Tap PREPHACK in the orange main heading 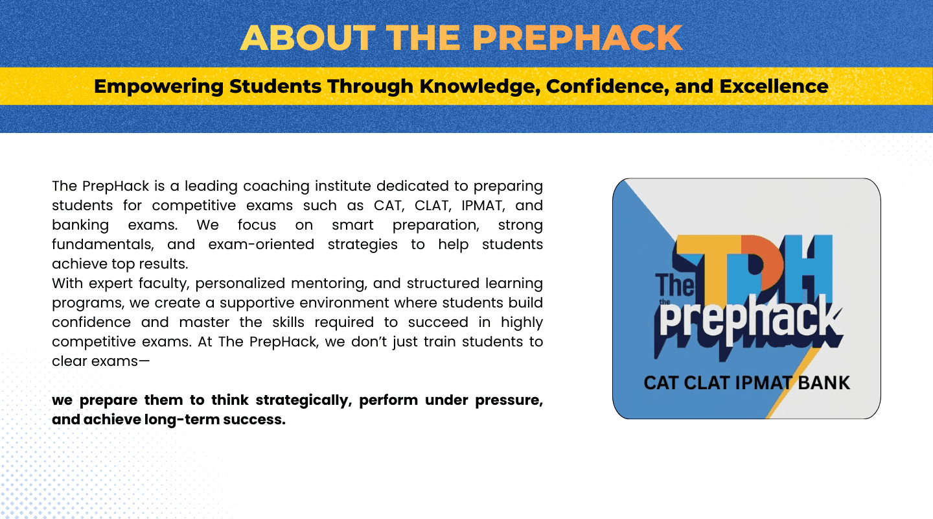(x=577, y=38)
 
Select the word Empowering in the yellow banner (x=159, y=87)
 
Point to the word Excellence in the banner (x=774, y=86)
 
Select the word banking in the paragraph (x=80, y=225)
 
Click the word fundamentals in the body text (x=103, y=245)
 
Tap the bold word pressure (x=509, y=400)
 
